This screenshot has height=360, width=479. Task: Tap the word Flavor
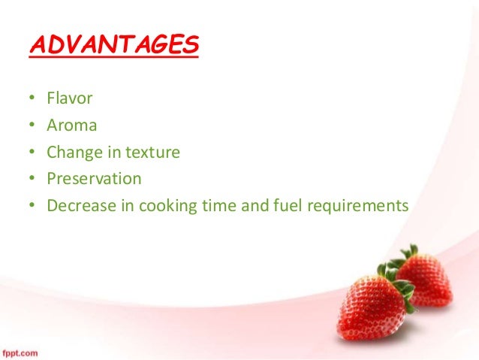(69, 98)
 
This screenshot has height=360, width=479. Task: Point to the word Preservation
(94, 179)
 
